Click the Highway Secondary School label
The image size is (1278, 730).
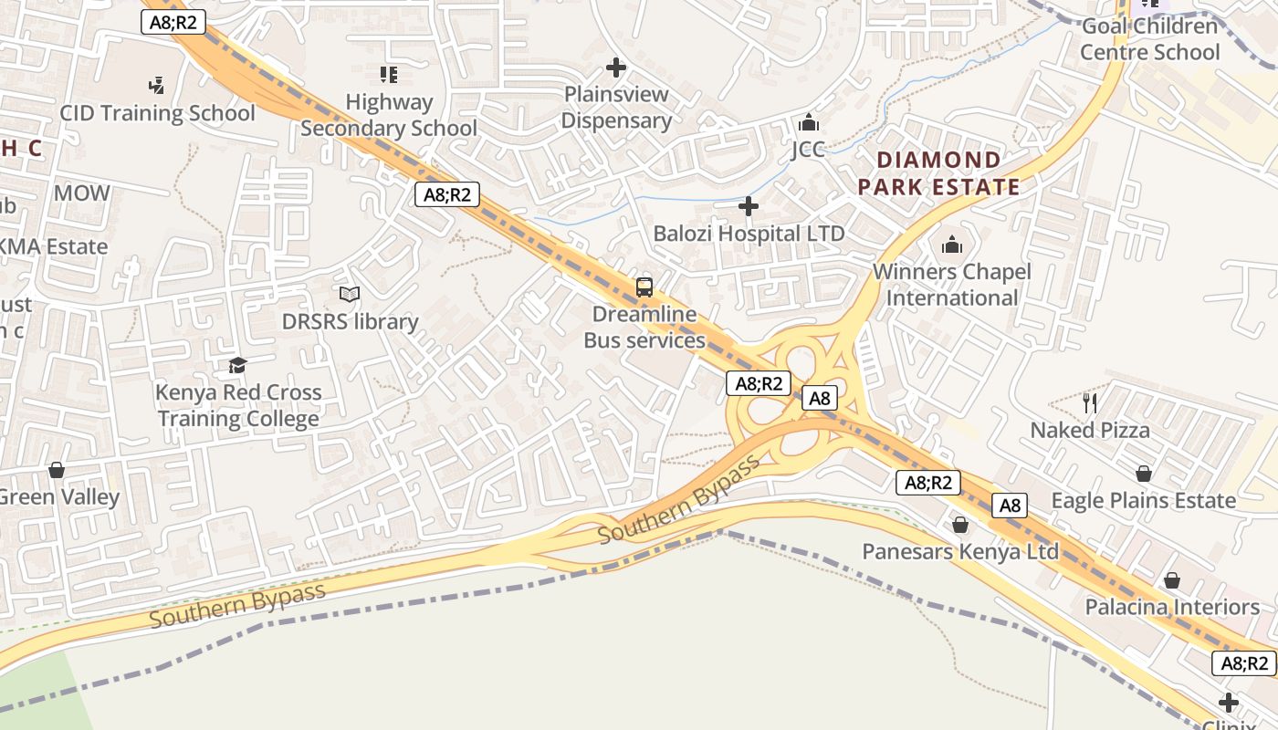point(389,116)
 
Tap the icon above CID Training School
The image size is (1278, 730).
point(156,86)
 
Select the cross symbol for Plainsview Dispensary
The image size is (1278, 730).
point(616,68)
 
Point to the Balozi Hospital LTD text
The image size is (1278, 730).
point(749,234)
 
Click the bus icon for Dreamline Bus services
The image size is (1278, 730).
point(644,287)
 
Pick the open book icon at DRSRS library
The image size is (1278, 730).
point(350,294)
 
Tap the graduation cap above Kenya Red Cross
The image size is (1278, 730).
point(238,366)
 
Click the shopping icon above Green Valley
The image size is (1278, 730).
point(57,470)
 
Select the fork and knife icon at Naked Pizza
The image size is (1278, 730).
point(1089,402)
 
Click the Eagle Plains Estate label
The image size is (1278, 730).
point(1143,500)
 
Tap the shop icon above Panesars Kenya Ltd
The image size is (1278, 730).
point(960,525)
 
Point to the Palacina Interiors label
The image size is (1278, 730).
point(1171,607)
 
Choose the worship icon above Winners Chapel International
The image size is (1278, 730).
point(952,245)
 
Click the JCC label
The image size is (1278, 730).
point(808,150)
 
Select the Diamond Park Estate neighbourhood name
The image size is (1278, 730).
point(938,173)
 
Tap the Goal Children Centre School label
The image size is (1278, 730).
point(1149,39)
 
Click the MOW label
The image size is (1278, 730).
point(82,193)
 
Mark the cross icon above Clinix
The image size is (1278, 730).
point(1229,703)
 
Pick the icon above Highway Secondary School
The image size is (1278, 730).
point(389,75)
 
